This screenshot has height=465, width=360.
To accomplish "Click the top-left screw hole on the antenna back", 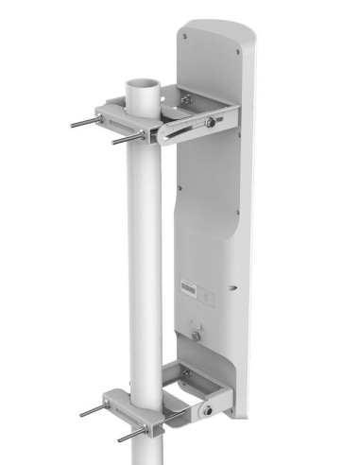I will [x=183, y=37].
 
